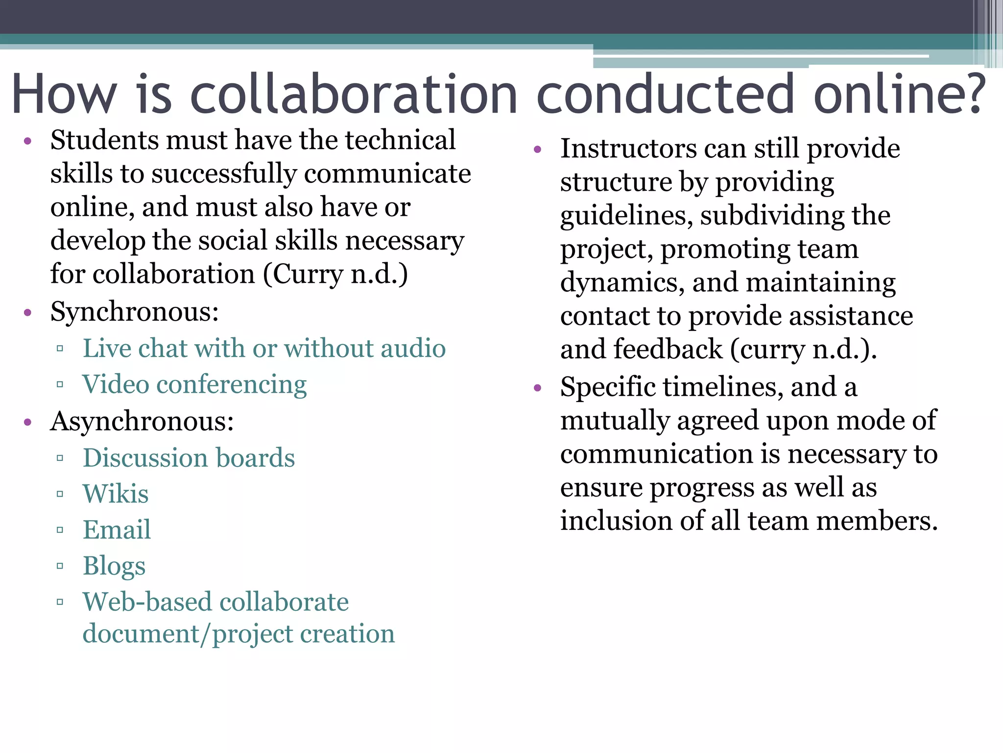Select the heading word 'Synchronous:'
(134, 312)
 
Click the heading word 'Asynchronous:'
(142, 422)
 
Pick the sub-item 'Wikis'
(116, 494)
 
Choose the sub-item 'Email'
(117, 530)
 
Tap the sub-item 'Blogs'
(114, 566)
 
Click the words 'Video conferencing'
(194, 384)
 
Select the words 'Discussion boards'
(189, 458)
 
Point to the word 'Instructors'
(629, 149)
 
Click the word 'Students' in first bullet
(104, 140)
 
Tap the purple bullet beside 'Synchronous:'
(28, 312)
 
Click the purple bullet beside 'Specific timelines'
(538, 388)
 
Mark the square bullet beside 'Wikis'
(60, 494)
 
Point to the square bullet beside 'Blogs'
(60, 566)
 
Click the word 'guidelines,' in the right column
(626, 216)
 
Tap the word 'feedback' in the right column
(668, 350)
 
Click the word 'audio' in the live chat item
(413, 349)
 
